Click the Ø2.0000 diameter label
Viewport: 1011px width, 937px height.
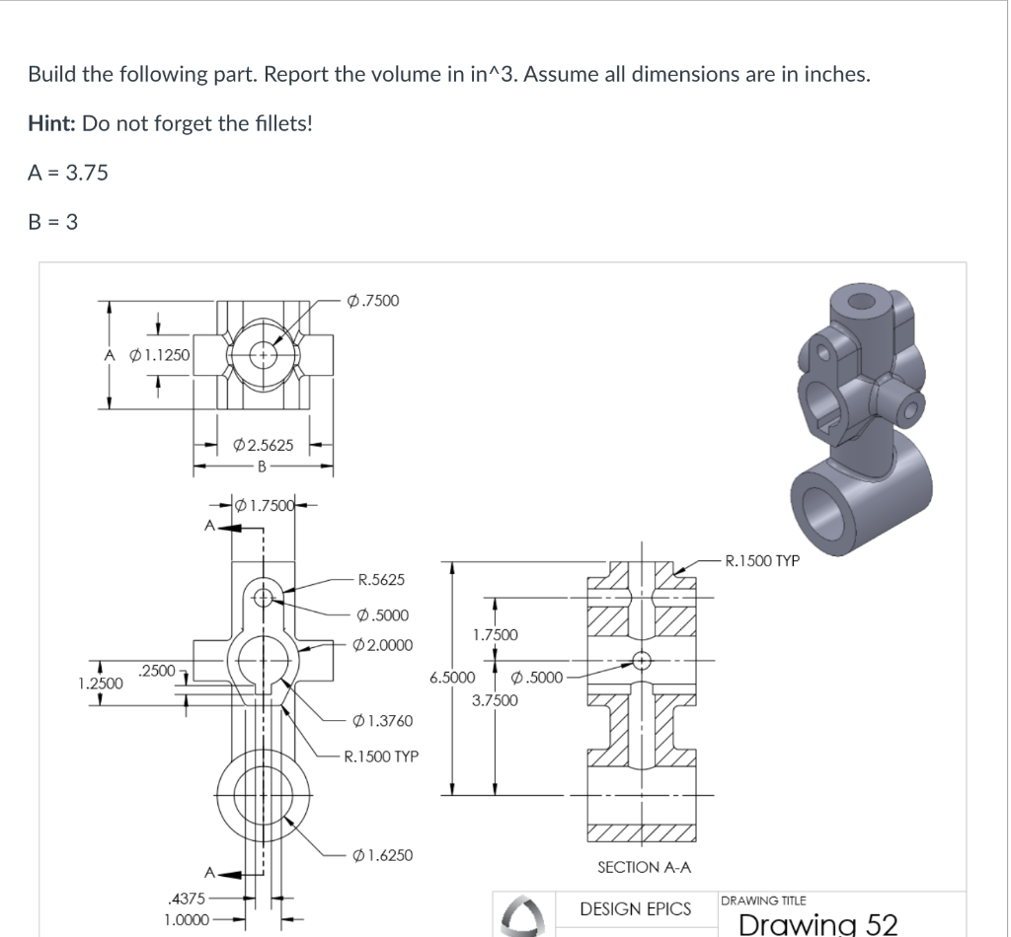point(382,645)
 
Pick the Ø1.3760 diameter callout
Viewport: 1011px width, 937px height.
point(382,721)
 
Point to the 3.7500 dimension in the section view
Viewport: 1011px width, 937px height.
point(495,700)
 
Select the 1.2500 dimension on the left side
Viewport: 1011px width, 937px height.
point(101,683)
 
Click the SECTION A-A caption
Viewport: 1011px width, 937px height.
point(645,866)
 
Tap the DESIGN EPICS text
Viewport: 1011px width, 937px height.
point(636,908)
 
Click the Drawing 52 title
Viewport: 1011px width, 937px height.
point(817,924)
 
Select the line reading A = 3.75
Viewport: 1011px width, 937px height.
point(68,173)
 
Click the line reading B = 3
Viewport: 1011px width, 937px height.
point(53,222)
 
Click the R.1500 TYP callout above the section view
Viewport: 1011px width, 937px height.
point(761,562)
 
